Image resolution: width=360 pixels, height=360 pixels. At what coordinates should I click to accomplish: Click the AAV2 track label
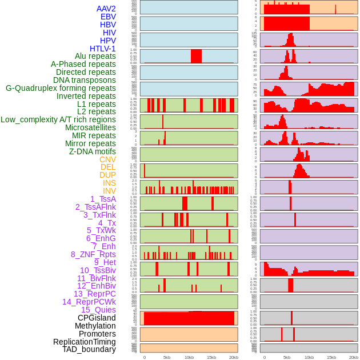click(x=106, y=9)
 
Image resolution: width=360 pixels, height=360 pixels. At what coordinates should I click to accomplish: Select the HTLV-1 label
click(x=102, y=49)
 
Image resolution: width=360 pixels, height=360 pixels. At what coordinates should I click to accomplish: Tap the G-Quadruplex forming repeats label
click(x=61, y=88)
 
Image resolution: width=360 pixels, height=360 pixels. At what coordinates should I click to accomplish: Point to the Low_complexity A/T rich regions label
click(x=58, y=119)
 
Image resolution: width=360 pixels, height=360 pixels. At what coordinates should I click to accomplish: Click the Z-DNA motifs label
click(x=92, y=151)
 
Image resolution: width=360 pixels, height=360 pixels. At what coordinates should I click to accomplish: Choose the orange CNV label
click(x=107, y=159)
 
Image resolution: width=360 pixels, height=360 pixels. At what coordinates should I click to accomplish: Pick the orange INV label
click(x=109, y=191)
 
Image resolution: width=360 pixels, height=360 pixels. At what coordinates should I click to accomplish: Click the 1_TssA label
click(x=103, y=199)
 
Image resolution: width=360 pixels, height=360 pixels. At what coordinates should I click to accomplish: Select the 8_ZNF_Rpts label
click(x=93, y=254)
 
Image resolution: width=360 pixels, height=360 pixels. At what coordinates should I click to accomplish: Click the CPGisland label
click(x=97, y=318)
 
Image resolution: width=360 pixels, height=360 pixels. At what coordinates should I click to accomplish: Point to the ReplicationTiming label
click(x=84, y=342)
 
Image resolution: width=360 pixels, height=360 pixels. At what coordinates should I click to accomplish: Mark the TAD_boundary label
click(x=89, y=349)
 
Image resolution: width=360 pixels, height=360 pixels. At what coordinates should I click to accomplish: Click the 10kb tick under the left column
click(x=189, y=357)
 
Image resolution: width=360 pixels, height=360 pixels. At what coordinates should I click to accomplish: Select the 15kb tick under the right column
click(x=331, y=357)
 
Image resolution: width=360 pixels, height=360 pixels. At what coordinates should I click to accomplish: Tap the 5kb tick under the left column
click(x=166, y=357)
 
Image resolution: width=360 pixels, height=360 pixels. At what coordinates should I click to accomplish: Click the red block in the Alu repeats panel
click(x=196, y=56)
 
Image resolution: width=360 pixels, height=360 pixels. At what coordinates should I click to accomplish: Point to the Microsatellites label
click(x=90, y=127)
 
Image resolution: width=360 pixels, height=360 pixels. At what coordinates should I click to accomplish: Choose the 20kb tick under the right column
click(x=354, y=357)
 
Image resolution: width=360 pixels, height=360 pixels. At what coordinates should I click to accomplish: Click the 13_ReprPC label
click(x=94, y=294)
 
